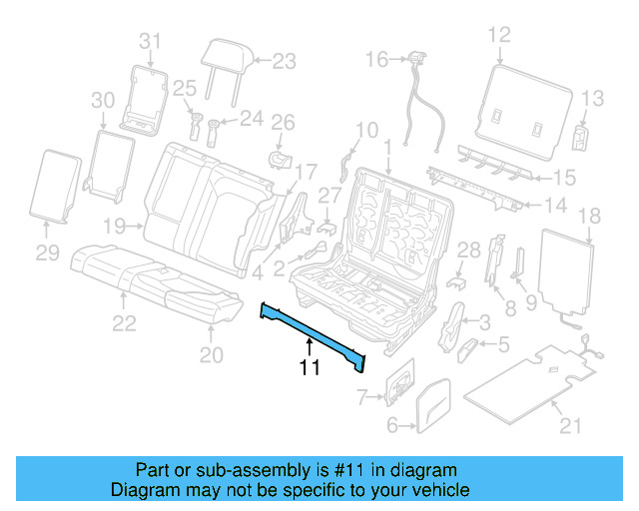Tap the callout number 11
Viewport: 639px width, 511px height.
pyautogui.click(x=310, y=370)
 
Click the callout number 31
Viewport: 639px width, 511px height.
pyautogui.click(x=149, y=41)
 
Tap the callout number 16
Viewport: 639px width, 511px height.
pyautogui.click(x=375, y=60)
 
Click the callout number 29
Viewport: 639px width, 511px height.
pyautogui.click(x=48, y=255)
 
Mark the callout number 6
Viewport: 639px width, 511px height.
pyautogui.click(x=393, y=427)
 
